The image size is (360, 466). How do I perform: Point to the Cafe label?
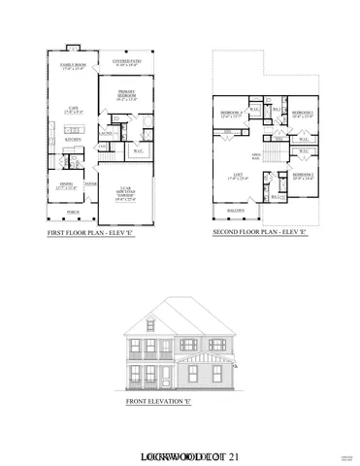tap(72, 109)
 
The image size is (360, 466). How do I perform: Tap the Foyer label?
tap(89, 183)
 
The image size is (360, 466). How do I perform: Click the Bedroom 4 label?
tap(230, 114)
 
